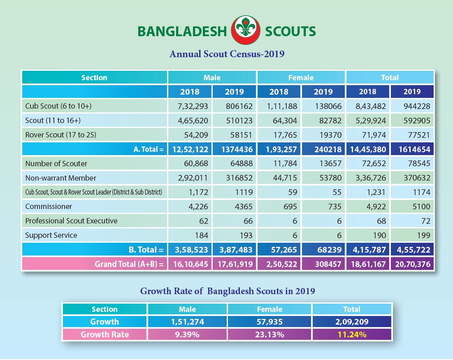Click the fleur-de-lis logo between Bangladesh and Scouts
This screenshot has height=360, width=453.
(x=246, y=30)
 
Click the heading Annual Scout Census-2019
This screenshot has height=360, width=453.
(x=227, y=54)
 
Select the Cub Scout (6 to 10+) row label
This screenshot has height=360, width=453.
(x=58, y=106)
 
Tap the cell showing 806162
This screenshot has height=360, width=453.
(x=239, y=106)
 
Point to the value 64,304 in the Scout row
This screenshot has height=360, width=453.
(x=285, y=121)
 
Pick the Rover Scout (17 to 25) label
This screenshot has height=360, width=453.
(x=60, y=135)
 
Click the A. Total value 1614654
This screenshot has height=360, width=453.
(x=414, y=149)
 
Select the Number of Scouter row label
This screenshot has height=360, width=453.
(x=56, y=163)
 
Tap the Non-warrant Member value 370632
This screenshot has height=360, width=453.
(x=417, y=178)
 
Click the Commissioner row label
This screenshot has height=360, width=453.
(x=49, y=207)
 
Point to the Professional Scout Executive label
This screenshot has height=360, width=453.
(x=71, y=221)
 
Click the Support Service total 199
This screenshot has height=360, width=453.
(x=423, y=235)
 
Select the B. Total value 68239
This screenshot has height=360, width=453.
(x=329, y=250)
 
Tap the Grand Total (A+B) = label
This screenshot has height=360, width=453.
(x=129, y=264)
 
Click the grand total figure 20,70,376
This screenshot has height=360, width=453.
(x=413, y=264)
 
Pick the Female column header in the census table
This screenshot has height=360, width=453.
(x=301, y=77)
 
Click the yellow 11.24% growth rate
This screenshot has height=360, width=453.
(x=352, y=334)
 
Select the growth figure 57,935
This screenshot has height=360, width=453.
(x=269, y=322)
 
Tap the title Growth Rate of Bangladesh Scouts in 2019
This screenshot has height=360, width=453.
(x=228, y=291)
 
